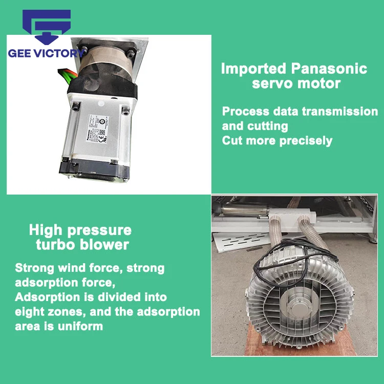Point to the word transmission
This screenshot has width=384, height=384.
click(x=340, y=112)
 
